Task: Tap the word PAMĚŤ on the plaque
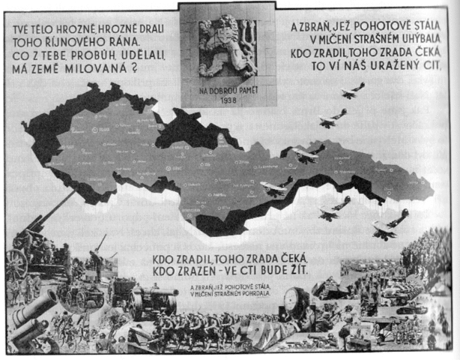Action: (241, 91)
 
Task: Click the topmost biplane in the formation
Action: (352, 91)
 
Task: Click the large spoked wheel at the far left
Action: (16, 262)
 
